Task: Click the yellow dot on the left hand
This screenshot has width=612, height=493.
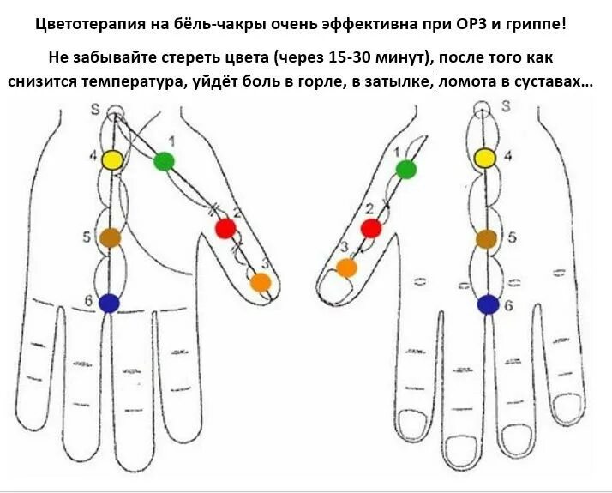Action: click(111, 159)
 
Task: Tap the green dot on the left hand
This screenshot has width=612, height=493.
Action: click(164, 161)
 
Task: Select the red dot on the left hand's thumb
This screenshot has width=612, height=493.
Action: click(225, 228)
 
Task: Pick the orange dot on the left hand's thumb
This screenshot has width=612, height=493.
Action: click(261, 282)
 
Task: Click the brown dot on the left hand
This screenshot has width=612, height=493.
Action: click(110, 237)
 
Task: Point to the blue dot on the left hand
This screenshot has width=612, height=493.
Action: click(109, 303)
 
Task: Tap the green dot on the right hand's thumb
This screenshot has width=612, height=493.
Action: click(406, 170)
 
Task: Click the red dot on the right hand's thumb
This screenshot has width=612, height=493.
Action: click(371, 228)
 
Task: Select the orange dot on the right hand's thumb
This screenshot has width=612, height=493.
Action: click(346, 268)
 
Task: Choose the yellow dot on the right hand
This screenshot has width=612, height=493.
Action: click(485, 158)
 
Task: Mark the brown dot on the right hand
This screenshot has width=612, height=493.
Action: click(486, 239)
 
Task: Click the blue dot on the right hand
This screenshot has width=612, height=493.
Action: click(488, 304)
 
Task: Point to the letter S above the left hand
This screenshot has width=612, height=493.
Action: click(95, 110)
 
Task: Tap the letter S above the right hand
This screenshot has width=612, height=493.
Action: click(506, 106)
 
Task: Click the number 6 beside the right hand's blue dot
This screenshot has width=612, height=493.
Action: click(508, 304)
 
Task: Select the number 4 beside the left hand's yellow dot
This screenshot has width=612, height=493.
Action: click(93, 155)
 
